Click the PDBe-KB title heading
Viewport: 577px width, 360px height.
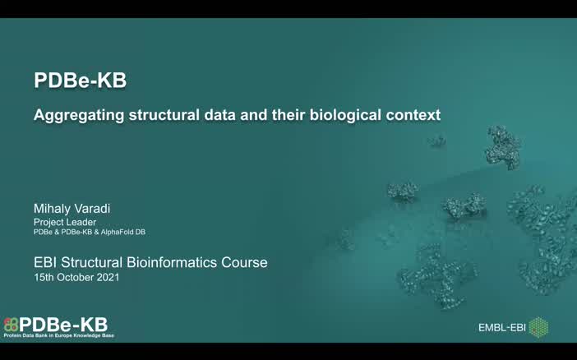[x=80, y=81]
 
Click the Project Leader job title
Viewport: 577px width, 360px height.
[x=65, y=222]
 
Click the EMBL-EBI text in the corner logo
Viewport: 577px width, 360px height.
[x=501, y=328]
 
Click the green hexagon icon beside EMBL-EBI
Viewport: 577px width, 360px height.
[x=538, y=327]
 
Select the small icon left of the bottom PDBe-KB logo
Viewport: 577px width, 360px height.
[x=11, y=325]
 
